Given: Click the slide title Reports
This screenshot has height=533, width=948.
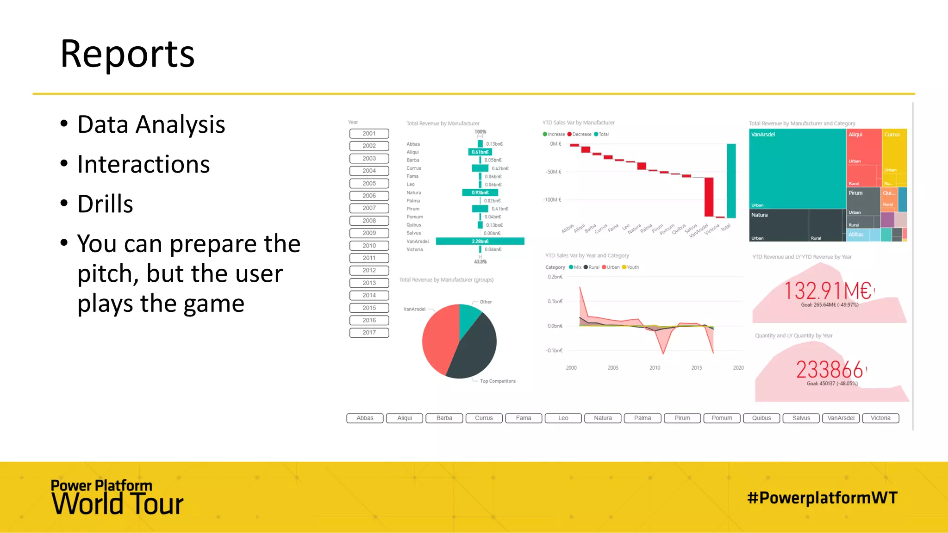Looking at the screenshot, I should [x=127, y=54].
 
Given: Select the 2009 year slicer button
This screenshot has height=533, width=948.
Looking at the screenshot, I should [x=369, y=233].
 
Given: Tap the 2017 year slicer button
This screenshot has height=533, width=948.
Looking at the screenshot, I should [x=369, y=333].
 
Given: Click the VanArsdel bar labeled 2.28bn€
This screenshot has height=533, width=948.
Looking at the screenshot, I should [x=480, y=241].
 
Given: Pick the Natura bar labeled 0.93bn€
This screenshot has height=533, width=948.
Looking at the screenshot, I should [x=480, y=192].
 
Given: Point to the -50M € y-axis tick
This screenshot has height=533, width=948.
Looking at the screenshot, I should [x=553, y=172].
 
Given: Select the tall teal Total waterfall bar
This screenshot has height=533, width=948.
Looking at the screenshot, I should [x=731, y=180].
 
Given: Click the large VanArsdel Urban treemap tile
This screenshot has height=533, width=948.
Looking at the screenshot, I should [x=797, y=169].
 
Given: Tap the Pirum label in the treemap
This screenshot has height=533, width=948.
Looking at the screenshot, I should [x=855, y=193].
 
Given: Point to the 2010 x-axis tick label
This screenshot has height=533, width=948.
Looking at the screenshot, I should [x=655, y=368].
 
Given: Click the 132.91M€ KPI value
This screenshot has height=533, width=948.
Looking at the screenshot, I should [x=828, y=291].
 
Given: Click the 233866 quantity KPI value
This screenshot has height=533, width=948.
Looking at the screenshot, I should [x=829, y=370].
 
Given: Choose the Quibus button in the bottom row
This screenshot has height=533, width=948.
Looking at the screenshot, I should [x=761, y=418].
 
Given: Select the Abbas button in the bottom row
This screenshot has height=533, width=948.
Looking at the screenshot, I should [x=365, y=418].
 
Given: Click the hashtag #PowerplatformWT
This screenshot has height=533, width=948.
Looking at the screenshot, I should [x=822, y=498].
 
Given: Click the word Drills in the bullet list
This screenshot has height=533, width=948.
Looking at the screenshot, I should [x=105, y=204].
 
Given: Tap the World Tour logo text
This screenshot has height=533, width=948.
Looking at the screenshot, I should [x=118, y=503].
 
